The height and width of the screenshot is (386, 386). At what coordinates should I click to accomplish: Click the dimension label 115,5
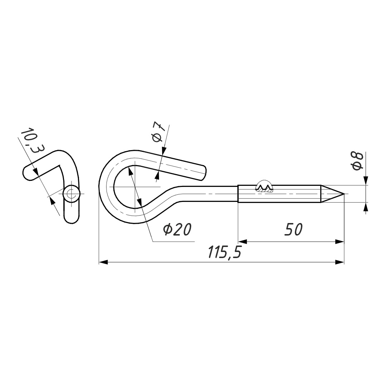[x=224, y=252]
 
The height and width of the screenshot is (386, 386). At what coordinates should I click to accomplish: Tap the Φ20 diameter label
[x=177, y=229]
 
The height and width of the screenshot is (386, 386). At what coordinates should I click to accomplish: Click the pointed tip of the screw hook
[x=344, y=194]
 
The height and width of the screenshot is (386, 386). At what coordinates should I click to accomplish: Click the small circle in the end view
[x=71, y=194]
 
